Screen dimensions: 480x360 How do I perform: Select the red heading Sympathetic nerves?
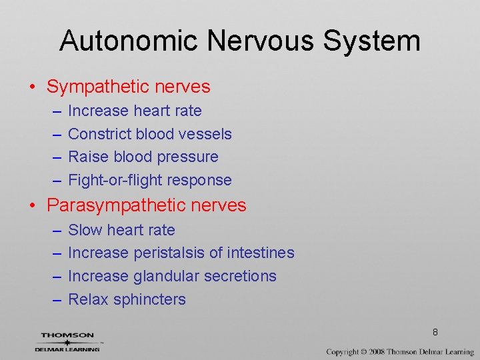[x=128, y=87]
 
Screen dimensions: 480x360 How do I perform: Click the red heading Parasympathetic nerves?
[x=147, y=205]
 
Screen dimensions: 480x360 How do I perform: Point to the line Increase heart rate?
[x=135, y=111]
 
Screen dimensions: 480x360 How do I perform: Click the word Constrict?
[x=99, y=134]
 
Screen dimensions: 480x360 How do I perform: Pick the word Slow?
[x=85, y=230]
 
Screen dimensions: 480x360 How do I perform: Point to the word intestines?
[x=261, y=253]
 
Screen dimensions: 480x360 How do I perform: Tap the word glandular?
[x=165, y=276]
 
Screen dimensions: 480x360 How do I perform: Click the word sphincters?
[x=149, y=299]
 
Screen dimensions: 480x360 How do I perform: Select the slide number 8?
[x=435, y=332]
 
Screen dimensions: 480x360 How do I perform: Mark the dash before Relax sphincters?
[x=56, y=299]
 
